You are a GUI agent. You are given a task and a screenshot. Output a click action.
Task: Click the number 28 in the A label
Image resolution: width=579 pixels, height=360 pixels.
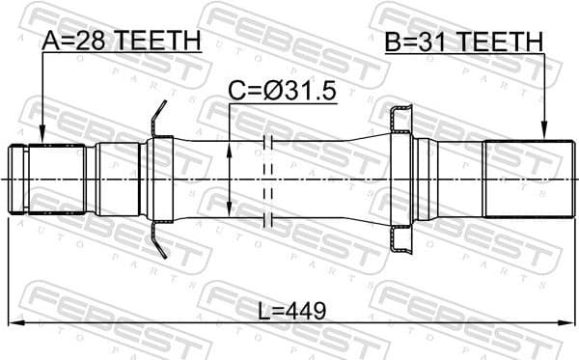point(95,41)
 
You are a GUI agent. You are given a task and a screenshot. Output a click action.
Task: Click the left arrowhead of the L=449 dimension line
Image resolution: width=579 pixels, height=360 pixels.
point(14,322)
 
